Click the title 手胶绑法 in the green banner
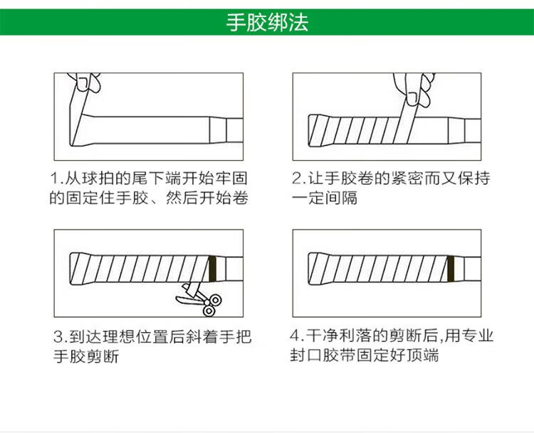tap(267, 23)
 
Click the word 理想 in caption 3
tap(120, 336)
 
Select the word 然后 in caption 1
tap(187, 199)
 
